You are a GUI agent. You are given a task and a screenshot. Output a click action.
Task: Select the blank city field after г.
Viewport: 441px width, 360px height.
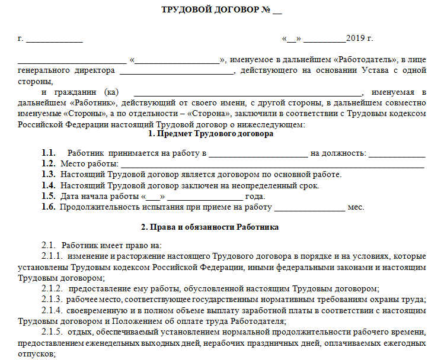point(54,40)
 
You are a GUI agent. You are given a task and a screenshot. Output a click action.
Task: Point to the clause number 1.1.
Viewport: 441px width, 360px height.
point(49,153)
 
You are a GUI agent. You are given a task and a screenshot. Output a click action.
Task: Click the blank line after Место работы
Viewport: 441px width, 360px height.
point(273,164)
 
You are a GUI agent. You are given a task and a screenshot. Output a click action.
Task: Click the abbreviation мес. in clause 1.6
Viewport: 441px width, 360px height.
point(356,207)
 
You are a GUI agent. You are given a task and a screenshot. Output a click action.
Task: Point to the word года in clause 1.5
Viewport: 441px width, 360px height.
point(255,196)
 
